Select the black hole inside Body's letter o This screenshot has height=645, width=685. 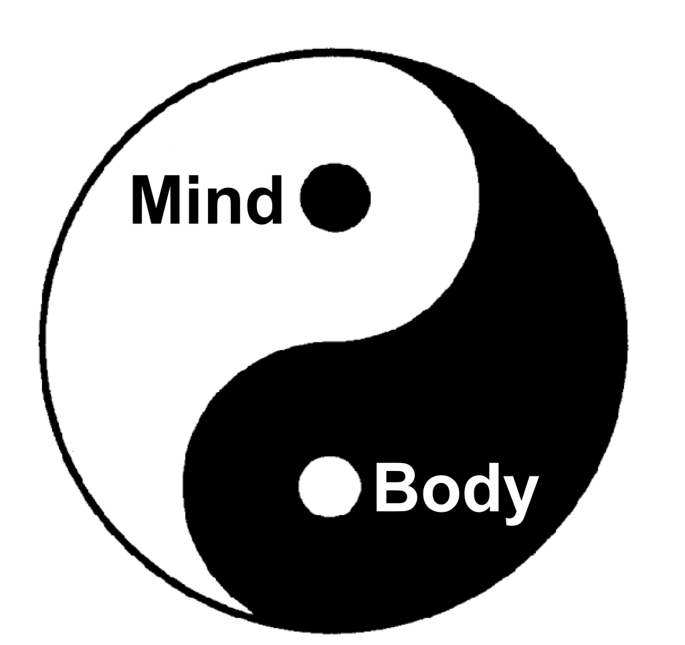[x=439, y=494]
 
